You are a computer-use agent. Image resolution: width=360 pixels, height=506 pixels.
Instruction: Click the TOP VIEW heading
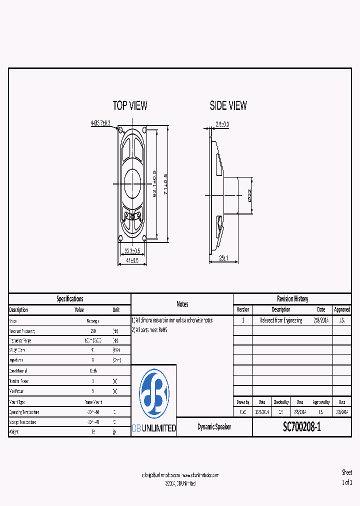[x=130, y=105]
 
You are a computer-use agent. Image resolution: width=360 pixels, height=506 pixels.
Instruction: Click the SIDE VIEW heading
[x=228, y=105]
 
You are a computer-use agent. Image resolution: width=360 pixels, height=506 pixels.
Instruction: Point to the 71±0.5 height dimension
[x=165, y=184]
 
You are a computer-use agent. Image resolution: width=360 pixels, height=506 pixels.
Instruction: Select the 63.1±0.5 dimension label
[x=154, y=184]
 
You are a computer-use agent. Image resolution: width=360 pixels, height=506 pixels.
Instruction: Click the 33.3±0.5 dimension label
[x=131, y=251]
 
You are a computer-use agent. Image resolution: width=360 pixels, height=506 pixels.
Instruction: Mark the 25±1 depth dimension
[x=223, y=258]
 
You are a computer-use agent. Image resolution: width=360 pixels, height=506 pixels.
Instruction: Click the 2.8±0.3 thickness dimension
[x=222, y=124]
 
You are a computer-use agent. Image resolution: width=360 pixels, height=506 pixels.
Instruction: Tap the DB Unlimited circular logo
[x=154, y=394]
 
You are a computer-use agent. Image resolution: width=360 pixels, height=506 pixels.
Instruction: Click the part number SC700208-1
[x=301, y=427]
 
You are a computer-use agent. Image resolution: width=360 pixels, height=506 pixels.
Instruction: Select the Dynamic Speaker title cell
[x=214, y=427]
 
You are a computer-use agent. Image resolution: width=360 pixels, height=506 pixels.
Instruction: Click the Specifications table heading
[x=69, y=299]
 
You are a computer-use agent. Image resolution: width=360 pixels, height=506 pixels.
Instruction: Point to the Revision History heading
[x=292, y=299]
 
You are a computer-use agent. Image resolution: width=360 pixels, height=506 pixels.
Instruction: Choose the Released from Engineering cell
[x=281, y=320]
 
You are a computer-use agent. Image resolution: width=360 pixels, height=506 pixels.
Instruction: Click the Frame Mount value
[x=90, y=402]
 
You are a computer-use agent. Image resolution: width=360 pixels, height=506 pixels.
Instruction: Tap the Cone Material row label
[x=18, y=371]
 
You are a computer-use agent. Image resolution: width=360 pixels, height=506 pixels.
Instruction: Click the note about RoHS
[x=149, y=330]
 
